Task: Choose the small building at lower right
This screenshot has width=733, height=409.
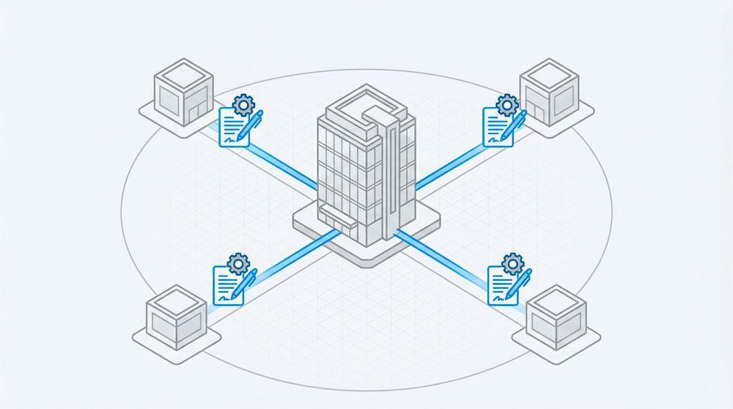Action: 556,318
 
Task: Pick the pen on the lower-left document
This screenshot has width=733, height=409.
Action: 243,285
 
